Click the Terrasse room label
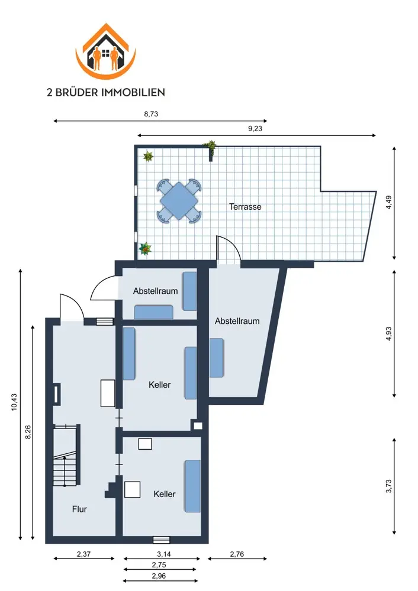(x=245, y=206)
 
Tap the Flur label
(x=79, y=509)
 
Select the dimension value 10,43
(x=14, y=402)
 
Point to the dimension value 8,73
(x=151, y=114)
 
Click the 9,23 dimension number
(x=255, y=128)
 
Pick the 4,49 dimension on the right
(x=388, y=202)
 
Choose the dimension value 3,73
(x=388, y=486)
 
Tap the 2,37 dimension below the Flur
(x=84, y=554)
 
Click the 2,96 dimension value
(x=159, y=576)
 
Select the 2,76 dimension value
(x=237, y=554)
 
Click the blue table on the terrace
(x=179, y=201)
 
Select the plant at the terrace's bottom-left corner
(x=145, y=249)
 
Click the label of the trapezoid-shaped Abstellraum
(x=237, y=321)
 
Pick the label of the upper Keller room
(x=159, y=385)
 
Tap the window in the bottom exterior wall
(x=161, y=540)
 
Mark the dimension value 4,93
(x=388, y=333)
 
